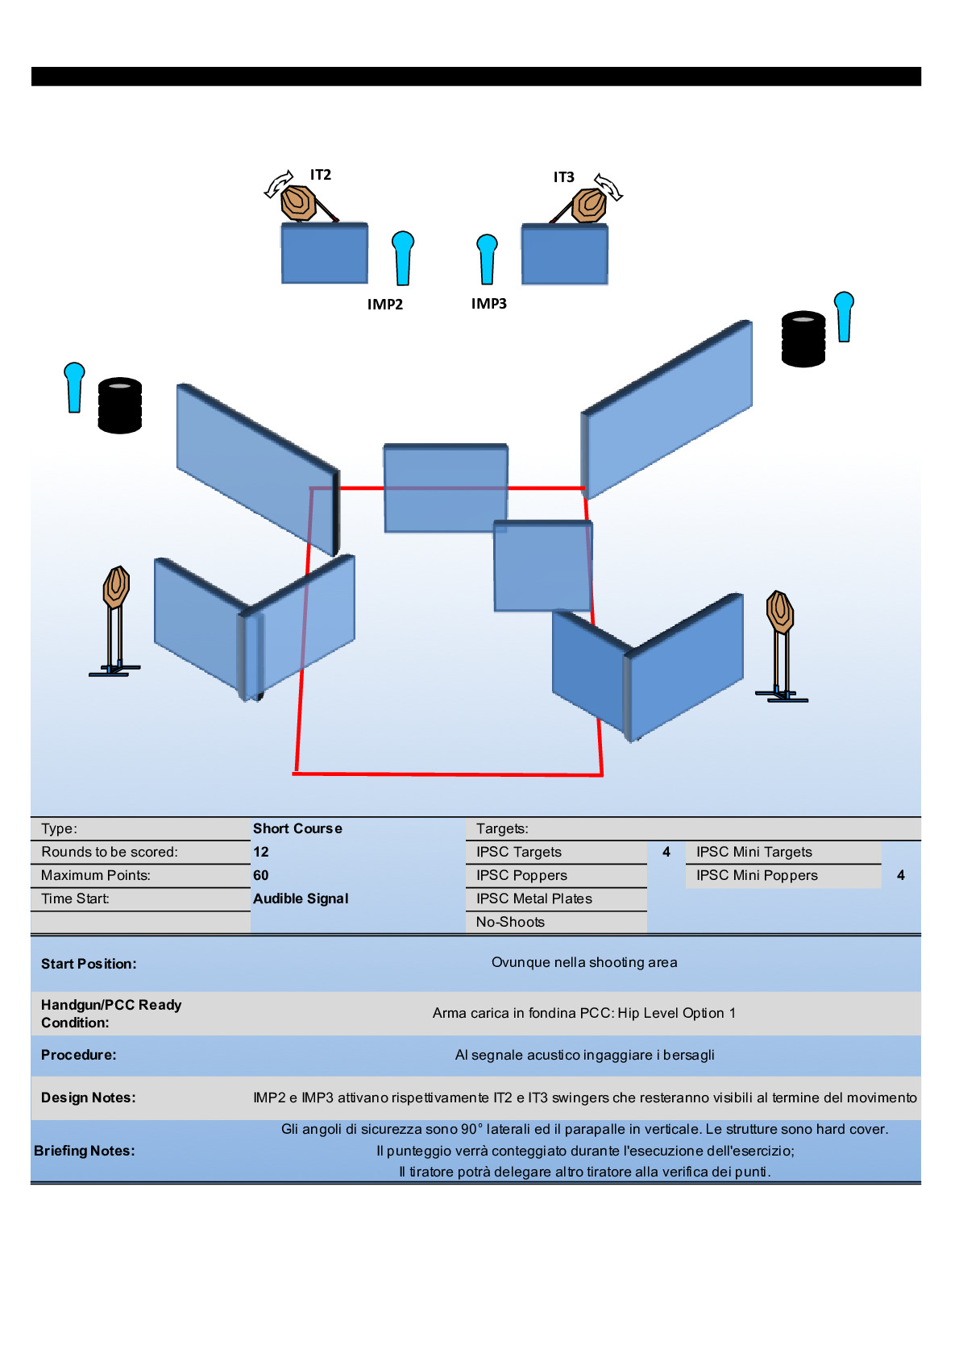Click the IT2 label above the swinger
[x=321, y=175]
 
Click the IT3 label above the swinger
[x=563, y=177]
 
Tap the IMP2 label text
[x=385, y=305]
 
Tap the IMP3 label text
[x=489, y=304]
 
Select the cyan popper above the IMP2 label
[x=403, y=257]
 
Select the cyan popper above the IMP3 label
[x=487, y=258]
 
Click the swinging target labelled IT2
[x=298, y=202]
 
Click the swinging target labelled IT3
[x=590, y=205]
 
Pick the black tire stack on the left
[x=120, y=405]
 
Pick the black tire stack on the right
[x=803, y=339]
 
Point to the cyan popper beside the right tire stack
[x=844, y=316]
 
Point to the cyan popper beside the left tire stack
[x=74, y=387]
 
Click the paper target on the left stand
[x=116, y=587]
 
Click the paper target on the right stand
[x=780, y=612]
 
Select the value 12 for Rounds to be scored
[x=261, y=852]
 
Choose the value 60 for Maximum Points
[x=261, y=875]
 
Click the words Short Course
[x=297, y=828]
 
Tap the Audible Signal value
[x=301, y=898]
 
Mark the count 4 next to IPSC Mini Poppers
[x=901, y=875]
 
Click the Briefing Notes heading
[x=85, y=1151]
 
